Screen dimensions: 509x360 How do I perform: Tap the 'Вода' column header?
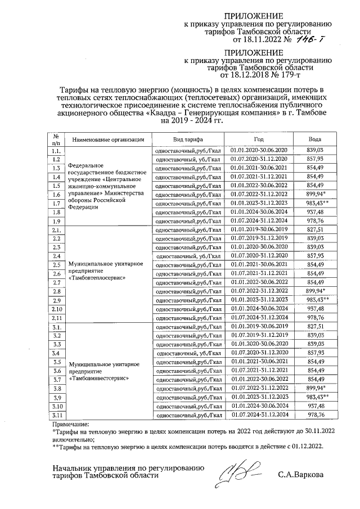click(x=315, y=139)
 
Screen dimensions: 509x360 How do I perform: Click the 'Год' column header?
click(x=258, y=139)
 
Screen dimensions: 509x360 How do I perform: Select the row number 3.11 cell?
click(x=56, y=415)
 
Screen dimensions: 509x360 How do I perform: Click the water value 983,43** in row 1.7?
click(x=317, y=203)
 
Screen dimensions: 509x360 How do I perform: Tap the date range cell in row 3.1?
click(x=258, y=327)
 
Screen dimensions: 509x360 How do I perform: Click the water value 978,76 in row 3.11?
click(x=315, y=415)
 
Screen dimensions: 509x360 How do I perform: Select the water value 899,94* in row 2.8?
click(x=316, y=291)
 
